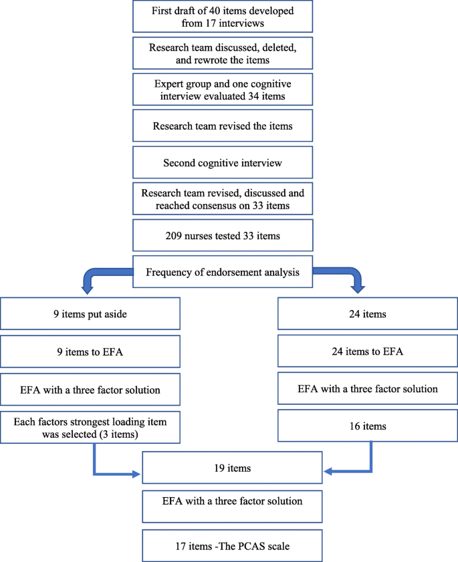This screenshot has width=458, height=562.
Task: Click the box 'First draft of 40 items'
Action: click(223, 17)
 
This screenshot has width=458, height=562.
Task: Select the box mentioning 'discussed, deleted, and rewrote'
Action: click(223, 53)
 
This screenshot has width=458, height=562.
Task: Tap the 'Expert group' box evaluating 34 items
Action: click(223, 89)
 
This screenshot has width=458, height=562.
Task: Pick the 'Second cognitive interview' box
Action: click(223, 162)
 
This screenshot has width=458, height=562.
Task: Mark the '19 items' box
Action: click(233, 468)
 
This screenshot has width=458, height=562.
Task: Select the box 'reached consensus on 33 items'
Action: click(223, 199)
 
